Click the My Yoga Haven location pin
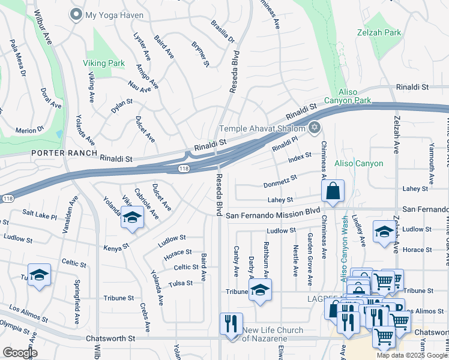pyautogui.click(x=76, y=14)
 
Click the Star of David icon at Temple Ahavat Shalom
pyautogui.click(x=313, y=128)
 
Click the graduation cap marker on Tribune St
pyautogui.click(x=260, y=290)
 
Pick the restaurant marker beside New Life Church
pyautogui.click(x=231, y=325)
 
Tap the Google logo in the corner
pyautogui.click(x=19, y=353)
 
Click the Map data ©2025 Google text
pyautogui.click(x=412, y=355)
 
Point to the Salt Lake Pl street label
pyautogui.click(x=39, y=214)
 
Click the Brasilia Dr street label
pyautogui.click(x=222, y=32)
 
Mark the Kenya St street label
pyautogui.click(x=116, y=247)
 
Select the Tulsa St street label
pyautogui.click(x=180, y=283)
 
